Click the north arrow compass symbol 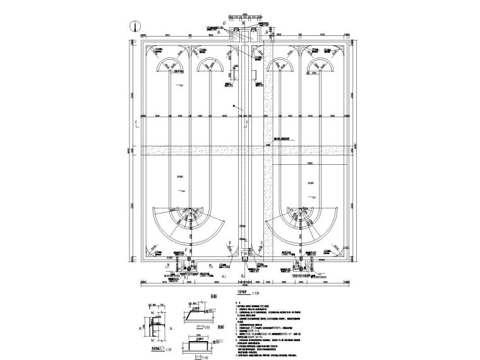134,27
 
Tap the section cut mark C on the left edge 136,123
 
